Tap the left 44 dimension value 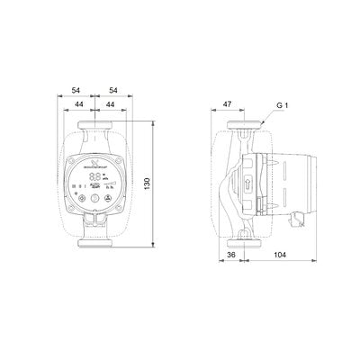click(x=82, y=105)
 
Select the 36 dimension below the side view click(x=231, y=255)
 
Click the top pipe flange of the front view click(x=94, y=125)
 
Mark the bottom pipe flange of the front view click(x=94, y=243)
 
